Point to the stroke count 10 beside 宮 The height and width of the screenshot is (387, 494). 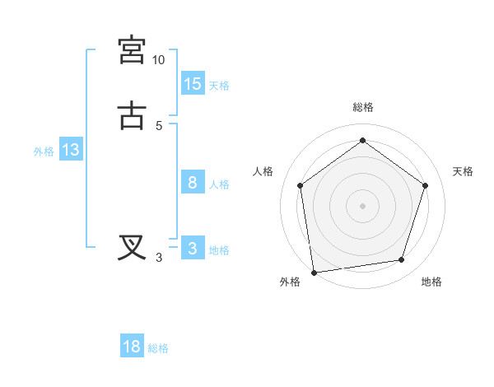tap(158, 60)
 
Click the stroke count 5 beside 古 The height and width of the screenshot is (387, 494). tap(159, 125)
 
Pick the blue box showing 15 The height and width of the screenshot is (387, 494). tap(193, 84)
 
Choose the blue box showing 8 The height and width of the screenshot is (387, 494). tap(193, 183)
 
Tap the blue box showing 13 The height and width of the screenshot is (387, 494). tap(71, 150)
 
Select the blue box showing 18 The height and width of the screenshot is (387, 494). tap(132, 347)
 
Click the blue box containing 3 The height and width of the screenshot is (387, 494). tap(193, 249)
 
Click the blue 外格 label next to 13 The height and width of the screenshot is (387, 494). tap(44, 152)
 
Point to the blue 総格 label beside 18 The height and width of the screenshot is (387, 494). tap(158, 348)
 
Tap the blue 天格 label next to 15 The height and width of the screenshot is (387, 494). tap(219, 86)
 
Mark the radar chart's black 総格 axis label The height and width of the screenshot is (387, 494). tap(362, 107)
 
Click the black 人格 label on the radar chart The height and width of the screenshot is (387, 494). tap(263, 171)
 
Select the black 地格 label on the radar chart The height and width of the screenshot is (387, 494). tap(431, 282)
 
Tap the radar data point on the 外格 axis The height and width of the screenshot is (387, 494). tap(314, 272)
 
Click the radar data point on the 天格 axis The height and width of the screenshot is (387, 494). tap(425, 185)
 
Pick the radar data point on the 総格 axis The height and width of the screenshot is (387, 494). tap(362, 141)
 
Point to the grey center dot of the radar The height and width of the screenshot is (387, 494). tap(362, 205)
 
